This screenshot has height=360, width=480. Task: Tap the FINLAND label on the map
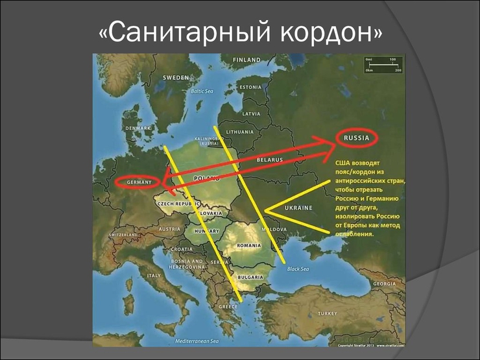pos(246,60)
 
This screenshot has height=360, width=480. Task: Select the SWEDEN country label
pos(175,77)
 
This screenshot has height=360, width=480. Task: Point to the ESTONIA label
pos(250,87)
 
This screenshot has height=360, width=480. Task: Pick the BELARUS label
pos(270,159)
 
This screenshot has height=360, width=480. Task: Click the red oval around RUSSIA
pos(357,138)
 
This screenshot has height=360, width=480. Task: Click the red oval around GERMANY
pos(137,182)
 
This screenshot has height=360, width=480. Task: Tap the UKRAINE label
pos(298,208)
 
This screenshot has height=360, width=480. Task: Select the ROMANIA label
pos(249,246)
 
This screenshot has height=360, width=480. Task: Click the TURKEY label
pos(328,313)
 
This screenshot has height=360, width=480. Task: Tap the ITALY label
pos(154,276)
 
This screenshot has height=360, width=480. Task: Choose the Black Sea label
pos(298,268)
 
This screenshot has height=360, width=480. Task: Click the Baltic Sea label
pos(202,91)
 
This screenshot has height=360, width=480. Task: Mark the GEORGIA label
pos(385,283)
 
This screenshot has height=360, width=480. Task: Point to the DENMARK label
pos(139,128)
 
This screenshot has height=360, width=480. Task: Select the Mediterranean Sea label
pos(197,341)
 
